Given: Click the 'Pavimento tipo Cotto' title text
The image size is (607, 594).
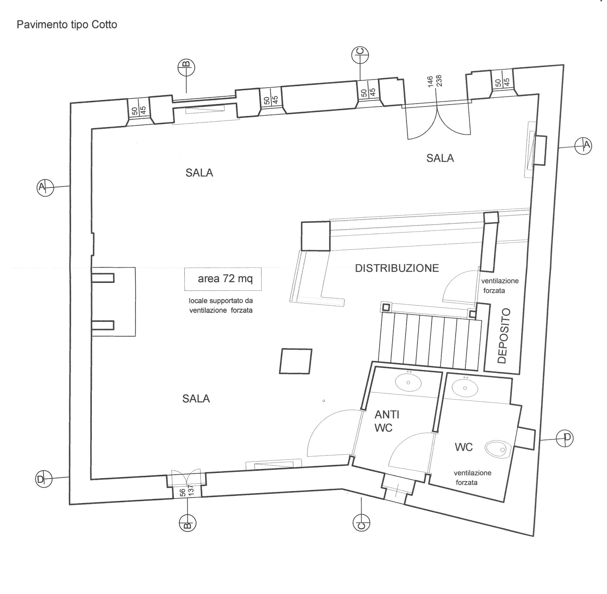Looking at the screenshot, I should pyautogui.click(x=67, y=25).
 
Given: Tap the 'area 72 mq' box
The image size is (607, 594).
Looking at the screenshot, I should pyautogui.click(x=223, y=279).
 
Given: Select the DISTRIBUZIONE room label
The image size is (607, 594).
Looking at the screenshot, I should pyautogui.click(x=397, y=268).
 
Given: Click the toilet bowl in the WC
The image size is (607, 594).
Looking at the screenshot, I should pyautogui.click(x=498, y=448).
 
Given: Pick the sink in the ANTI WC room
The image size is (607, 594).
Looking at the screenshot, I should pyautogui.click(x=409, y=382).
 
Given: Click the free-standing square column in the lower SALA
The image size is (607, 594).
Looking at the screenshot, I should pyautogui.click(x=295, y=361).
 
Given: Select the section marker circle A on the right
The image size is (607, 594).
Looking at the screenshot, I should pyautogui.click(x=583, y=145).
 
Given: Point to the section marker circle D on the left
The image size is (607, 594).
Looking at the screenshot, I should pyautogui.click(x=44, y=479).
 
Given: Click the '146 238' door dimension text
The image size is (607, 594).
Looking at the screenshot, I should pyautogui.click(x=435, y=82).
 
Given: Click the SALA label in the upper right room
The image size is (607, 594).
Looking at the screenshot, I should pyautogui.click(x=440, y=158).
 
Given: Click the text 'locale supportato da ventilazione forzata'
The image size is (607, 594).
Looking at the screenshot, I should pyautogui.click(x=221, y=306).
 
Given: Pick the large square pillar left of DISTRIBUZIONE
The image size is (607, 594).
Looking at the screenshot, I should pyautogui.click(x=315, y=236).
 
